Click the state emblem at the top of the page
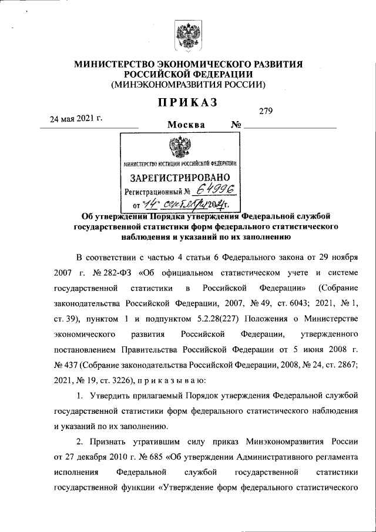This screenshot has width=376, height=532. [188, 36]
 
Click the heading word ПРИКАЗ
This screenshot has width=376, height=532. [188, 102]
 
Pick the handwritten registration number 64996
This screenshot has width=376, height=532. [215, 190]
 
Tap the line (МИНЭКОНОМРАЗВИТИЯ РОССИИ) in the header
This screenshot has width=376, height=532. [188, 85]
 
